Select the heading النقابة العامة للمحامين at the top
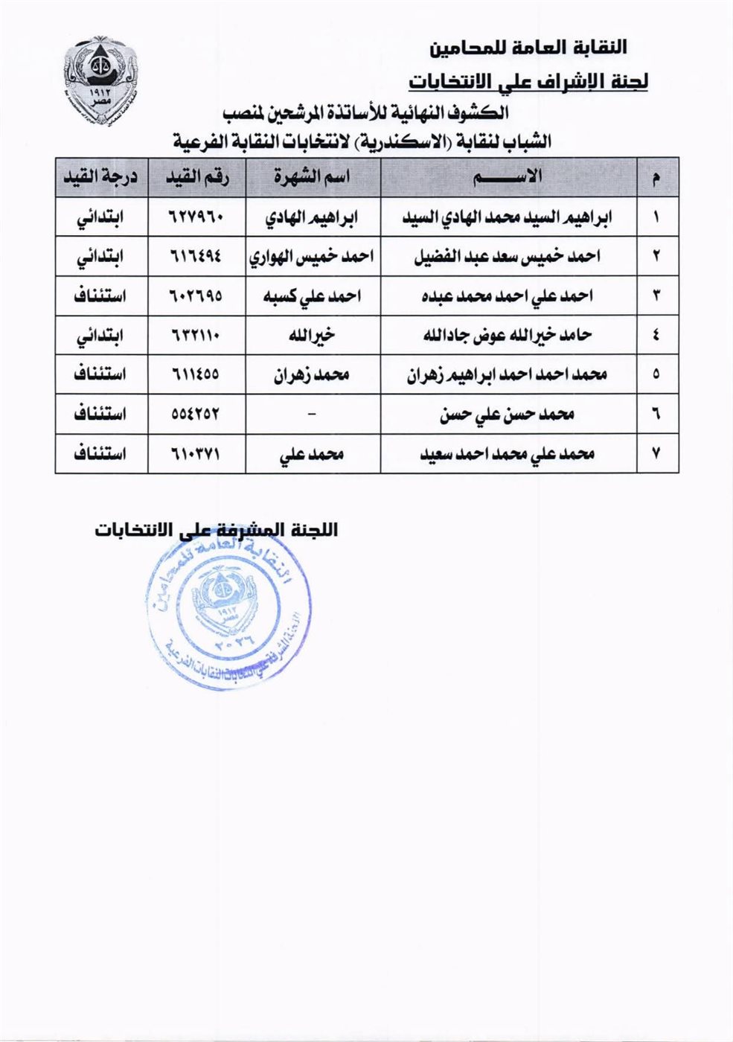click(528, 48)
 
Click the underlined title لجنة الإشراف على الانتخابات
click(528, 80)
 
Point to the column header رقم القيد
click(196, 177)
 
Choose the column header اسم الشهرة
click(312, 177)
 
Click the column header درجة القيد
click(100, 177)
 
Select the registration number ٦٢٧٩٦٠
click(196, 217)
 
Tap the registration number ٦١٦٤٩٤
click(196, 257)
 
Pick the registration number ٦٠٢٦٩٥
click(196, 296)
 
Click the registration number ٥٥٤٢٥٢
click(196, 414)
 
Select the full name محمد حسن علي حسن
click(508, 414)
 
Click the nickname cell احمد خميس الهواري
click(312, 257)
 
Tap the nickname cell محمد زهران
click(312, 374)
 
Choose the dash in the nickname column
click(312, 414)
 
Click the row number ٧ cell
click(656, 453)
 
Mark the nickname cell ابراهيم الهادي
click(312, 217)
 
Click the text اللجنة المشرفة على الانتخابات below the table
click(216, 530)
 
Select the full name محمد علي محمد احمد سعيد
click(508, 453)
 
